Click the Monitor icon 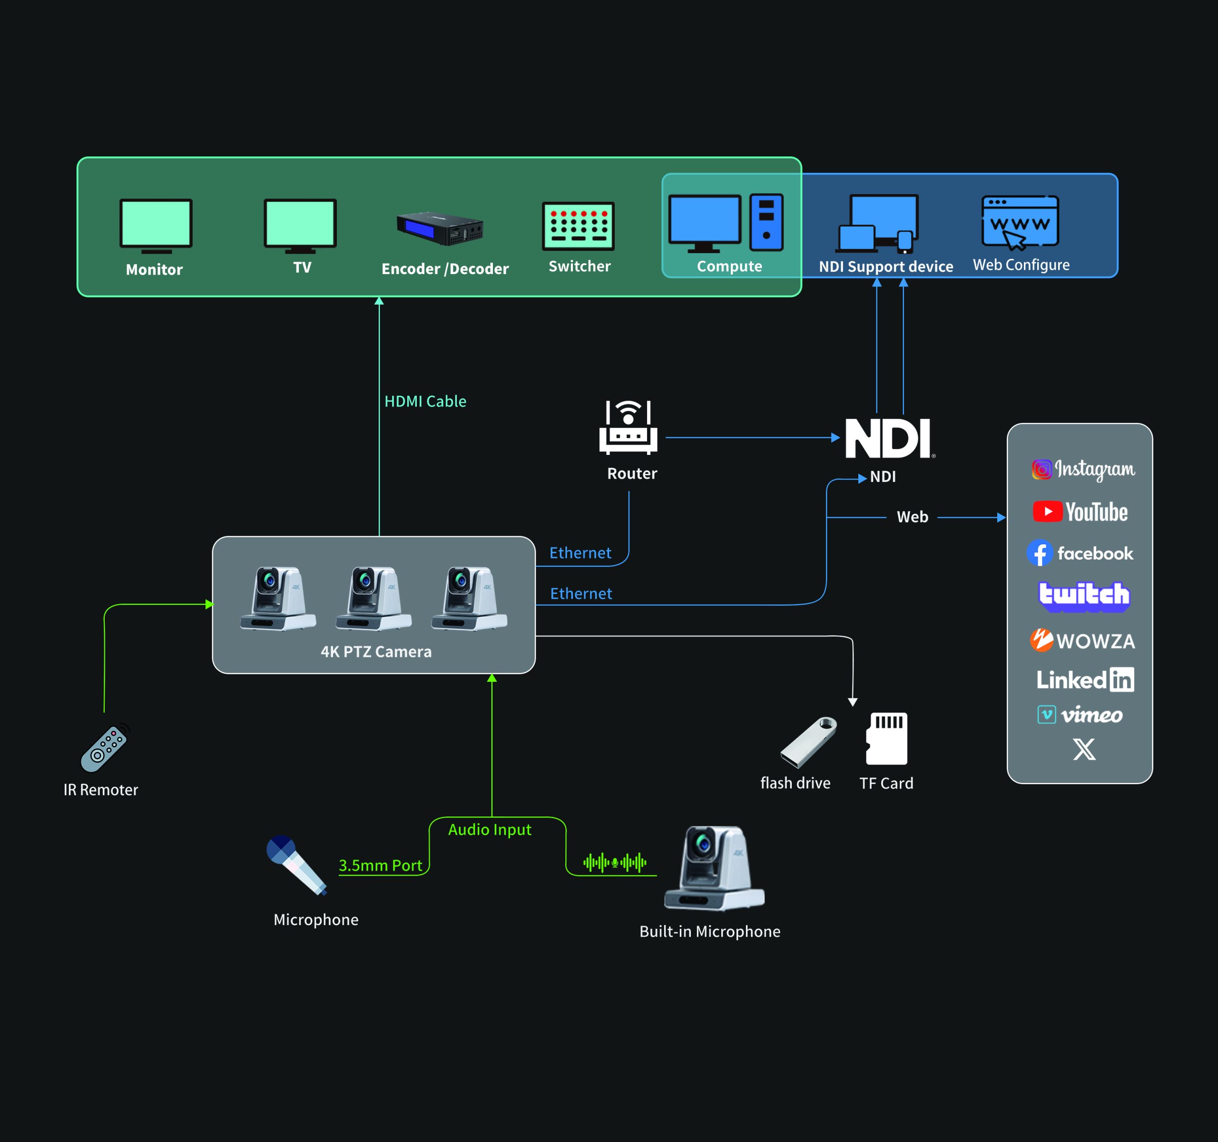[156, 226]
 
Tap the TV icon [300, 226]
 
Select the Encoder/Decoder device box [440, 228]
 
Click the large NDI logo [888, 438]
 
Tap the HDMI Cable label [425, 401]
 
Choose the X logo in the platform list [1084, 748]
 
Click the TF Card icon [886, 738]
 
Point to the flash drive [808, 742]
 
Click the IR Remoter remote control [105, 748]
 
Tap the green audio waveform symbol [615, 863]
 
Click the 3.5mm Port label [381, 865]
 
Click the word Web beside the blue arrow [912, 517]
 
